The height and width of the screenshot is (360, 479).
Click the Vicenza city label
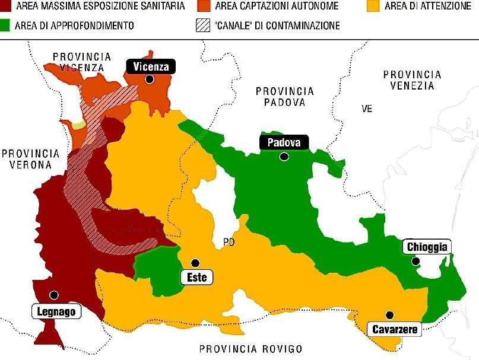pyautogui.click(x=151, y=66)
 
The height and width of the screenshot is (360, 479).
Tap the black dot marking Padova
pyautogui.click(x=284, y=157)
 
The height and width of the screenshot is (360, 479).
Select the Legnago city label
pyautogui.click(x=55, y=311)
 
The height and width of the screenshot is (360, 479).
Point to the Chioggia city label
pyautogui.click(x=427, y=247)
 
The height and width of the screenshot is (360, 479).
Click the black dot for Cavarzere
pyautogui.click(x=389, y=315)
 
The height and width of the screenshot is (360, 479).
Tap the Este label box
pyautogui.click(x=196, y=277)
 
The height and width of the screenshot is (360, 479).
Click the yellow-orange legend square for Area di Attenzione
pyautogui.click(x=373, y=7)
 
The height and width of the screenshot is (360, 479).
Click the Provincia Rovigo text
pyautogui.click(x=250, y=349)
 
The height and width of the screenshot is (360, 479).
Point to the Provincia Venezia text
pyautogui.click(x=412, y=80)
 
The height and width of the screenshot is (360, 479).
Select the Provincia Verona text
pyautogui.click(x=30, y=158)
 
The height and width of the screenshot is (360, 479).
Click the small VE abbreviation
pyautogui.click(x=367, y=109)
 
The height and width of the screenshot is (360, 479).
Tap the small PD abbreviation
pyautogui.click(x=229, y=242)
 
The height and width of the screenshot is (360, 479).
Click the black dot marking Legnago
pyautogui.click(x=54, y=295)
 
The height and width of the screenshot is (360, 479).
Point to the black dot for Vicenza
pyautogui.click(x=150, y=79)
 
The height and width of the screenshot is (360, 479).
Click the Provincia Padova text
pyautogui.click(x=284, y=96)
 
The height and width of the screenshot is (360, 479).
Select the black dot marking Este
pyautogui.click(x=194, y=263)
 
